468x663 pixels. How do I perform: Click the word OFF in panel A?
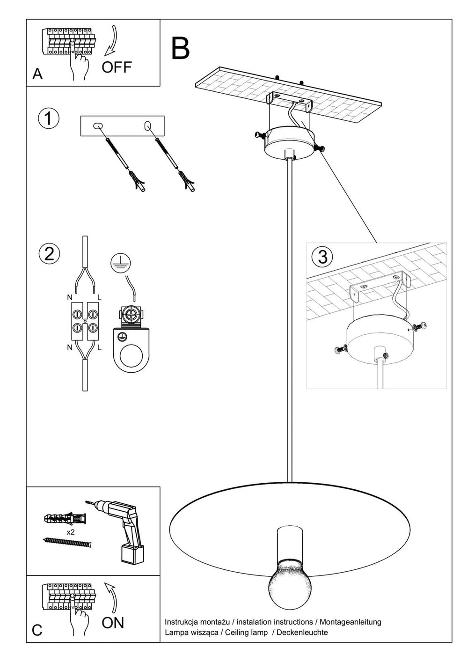117,67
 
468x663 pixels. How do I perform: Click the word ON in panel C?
113,622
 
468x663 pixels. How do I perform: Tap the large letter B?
180,48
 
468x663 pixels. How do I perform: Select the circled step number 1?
48,118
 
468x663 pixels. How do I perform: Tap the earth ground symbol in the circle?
119,263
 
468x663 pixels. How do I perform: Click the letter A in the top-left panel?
37,74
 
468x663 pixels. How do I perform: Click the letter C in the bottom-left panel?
37,630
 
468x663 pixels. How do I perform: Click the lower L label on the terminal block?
99,348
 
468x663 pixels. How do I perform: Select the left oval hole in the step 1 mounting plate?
98,125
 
